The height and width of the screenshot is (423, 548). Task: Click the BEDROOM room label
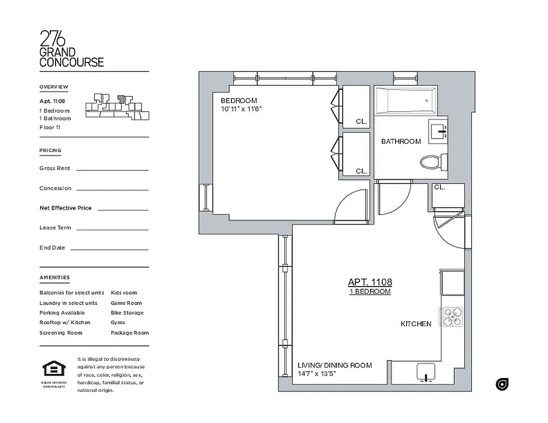[239, 100]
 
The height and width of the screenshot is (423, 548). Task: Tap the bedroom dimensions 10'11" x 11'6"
[241, 109]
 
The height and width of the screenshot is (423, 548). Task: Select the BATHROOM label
[401, 141]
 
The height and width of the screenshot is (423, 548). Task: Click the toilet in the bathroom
[434, 161]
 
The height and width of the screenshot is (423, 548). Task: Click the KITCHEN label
[416, 324]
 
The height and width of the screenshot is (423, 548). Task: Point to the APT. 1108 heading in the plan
[370, 282]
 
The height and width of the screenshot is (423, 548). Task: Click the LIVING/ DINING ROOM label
[335, 365]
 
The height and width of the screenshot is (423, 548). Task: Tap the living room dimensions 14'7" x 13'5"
[317, 374]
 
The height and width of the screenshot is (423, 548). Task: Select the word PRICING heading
[50, 151]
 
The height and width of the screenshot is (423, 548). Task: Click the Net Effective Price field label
[65, 208]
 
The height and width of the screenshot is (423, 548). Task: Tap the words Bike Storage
[127, 312]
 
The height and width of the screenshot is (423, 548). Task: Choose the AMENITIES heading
[55, 278]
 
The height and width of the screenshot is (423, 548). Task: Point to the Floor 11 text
[50, 127]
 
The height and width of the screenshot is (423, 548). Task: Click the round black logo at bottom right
[502, 384]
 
